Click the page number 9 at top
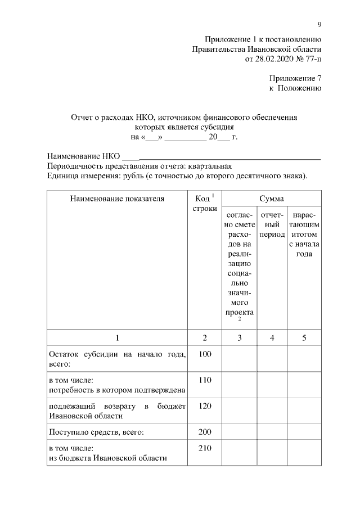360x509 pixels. pyautogui.click(x=319, y=24)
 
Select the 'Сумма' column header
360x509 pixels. pyautogui.click(x=271, y=199)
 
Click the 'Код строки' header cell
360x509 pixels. pyautogui.click(x=205, y=204)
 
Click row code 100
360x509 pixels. pyautogui.click(x=205, y=354)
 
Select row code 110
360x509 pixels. pyautogui.click(x=205, y=380)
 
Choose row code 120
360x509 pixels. pyautogui.click(x=205, y=406)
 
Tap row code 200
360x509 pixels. pyautogui.click(x=205, y=431)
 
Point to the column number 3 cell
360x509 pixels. pyautogui.click(x=240, y=337)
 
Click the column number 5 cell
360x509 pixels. pyautogui.click(x=304, y=337)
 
